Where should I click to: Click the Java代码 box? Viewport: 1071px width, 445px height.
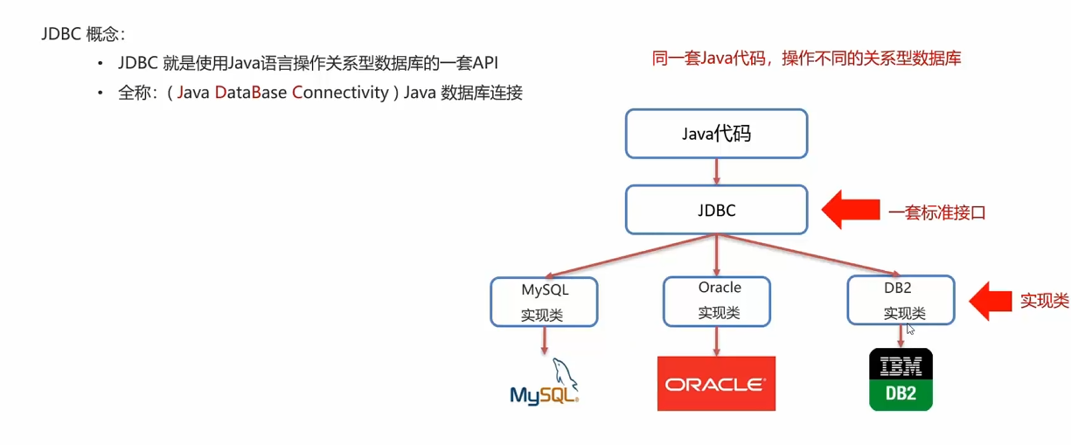point(716,134)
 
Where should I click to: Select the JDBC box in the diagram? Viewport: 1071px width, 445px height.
point(716,210)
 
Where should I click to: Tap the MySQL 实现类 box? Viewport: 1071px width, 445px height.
point(545,302)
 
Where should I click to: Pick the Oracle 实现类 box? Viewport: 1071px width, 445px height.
point(718,300)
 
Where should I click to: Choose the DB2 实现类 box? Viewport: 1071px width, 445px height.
point(901,300)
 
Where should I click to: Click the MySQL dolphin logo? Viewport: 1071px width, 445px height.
point(546,384)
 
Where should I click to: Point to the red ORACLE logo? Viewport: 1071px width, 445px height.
point(716,384)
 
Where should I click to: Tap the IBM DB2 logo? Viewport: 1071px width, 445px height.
point(901,379)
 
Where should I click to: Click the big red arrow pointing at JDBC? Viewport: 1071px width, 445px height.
point(850,210)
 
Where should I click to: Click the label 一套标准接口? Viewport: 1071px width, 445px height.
point(936,212)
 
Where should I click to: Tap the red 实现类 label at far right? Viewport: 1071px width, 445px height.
point(1045,301)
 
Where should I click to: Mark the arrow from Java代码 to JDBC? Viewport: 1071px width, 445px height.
point(717,171)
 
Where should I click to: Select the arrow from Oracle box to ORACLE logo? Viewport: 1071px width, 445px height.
point(717,339)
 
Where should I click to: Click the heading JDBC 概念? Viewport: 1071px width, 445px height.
point(84,34)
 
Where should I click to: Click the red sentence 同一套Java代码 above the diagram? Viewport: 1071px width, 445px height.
point(806,59)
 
